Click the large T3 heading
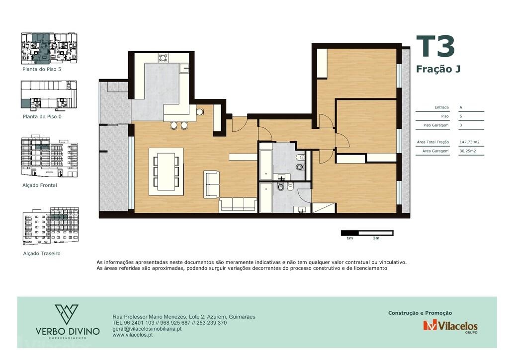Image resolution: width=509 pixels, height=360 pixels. coord(435,46)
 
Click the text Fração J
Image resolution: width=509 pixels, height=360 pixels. coord(438,69)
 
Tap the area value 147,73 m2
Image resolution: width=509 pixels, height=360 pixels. coord(469,142)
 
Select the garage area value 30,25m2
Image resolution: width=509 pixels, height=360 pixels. coord(468,151)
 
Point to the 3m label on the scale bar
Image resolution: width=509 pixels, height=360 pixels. coord(376,238)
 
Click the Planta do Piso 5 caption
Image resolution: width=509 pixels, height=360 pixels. coord(42,69)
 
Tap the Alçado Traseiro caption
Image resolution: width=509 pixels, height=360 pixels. coord(42,254)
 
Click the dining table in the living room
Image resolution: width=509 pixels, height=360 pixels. coord(166,171)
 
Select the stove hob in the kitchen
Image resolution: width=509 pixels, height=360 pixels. coord(163,58)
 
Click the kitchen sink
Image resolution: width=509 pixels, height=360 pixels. coord(184,68)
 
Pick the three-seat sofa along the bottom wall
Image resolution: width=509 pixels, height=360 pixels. coord(238,204)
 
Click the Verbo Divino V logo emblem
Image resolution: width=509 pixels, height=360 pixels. coord(67,314)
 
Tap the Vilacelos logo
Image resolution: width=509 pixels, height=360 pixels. coord(450,326)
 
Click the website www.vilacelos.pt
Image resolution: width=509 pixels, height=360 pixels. coord(133,335)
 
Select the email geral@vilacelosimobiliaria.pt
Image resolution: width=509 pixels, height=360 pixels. coord(147,329)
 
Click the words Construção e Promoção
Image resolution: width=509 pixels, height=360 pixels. coord(420,313)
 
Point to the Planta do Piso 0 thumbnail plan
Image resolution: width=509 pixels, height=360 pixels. coord(49,94)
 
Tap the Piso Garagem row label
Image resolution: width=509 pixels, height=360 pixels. coord(436,125)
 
